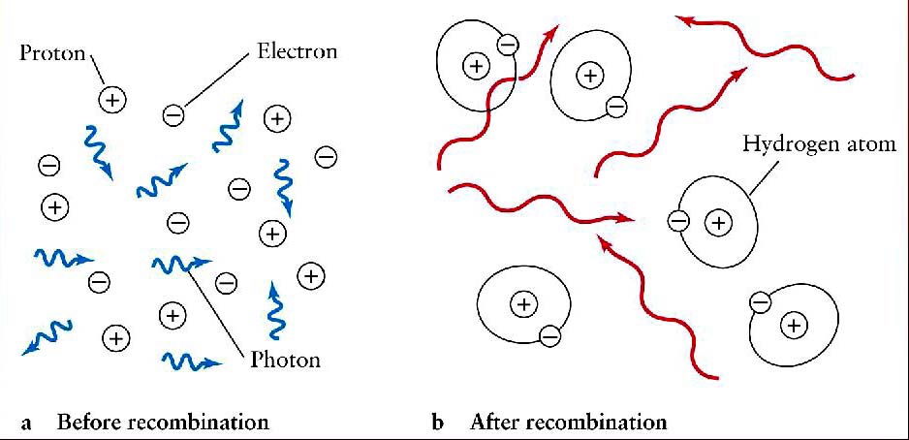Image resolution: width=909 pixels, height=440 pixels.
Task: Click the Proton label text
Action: [x=52, y=52]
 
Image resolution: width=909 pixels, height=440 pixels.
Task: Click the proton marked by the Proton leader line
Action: [x=112, y=99]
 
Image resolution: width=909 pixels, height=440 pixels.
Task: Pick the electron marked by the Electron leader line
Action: [x=173, y=115]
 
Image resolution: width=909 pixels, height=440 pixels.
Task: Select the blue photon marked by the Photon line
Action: [x=180, y=263]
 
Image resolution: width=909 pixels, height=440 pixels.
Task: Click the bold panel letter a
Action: [x=27, y=423]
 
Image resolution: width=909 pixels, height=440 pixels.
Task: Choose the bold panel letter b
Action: [x=438, y=422]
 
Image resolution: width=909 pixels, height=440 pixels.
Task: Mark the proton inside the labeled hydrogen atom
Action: [x=718, y=223]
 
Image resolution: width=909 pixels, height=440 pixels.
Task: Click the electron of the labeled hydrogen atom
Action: [x=678, y=221]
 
